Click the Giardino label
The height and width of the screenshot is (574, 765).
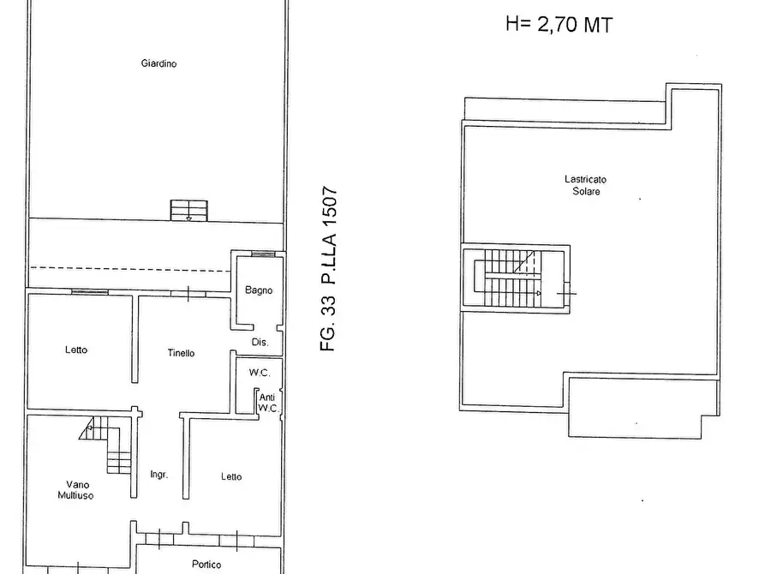159,63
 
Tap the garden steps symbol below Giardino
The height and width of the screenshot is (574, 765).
189,210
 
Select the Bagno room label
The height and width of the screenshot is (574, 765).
259,290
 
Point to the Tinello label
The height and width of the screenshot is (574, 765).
180,353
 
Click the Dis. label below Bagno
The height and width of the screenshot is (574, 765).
260,342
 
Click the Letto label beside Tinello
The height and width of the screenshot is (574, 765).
76,350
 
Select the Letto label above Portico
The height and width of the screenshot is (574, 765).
230,477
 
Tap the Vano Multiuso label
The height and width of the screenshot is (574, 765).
76,489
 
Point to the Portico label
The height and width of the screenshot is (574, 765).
206,565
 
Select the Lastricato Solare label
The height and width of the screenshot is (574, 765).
586,185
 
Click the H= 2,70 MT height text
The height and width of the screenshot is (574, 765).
559,26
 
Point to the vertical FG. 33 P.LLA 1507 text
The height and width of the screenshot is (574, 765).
331,270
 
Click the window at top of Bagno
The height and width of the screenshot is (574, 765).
263,254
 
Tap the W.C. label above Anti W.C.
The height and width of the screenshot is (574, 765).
260,373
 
